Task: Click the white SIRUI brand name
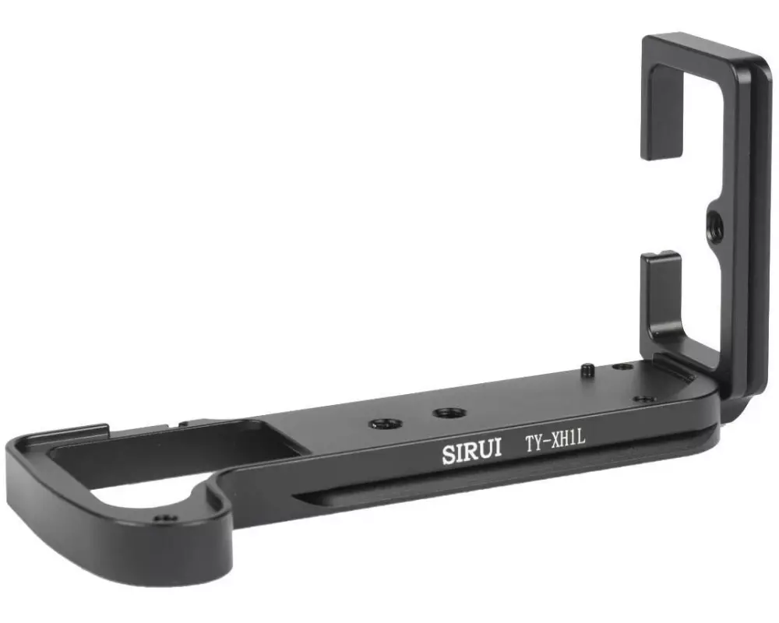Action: coord(471,452)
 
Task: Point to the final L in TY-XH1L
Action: coord(581,438)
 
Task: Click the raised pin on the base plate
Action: coord(587,370)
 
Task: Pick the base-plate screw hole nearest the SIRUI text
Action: coord(449,413)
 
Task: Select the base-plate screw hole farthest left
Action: coord(386,424)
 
